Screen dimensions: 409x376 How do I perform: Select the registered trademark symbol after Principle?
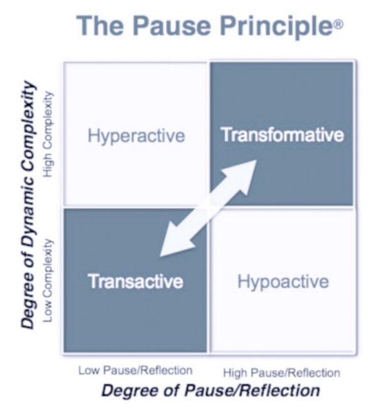pos(339,24)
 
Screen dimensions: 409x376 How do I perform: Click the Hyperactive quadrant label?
pos(137,135)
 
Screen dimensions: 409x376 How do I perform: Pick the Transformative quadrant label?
pos(283,135)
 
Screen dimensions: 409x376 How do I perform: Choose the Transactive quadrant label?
pos(135,281)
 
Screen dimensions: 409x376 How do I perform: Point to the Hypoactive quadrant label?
pos(283,281)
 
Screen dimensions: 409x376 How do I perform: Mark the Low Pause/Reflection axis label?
pos(135,370)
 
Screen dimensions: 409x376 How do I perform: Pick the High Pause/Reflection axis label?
pos(281,373)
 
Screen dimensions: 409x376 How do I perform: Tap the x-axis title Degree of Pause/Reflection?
pos(211,391)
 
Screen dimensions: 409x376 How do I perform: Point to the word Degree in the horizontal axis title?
pos(127,391)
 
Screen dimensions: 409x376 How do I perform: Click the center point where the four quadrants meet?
pos(208,206)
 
